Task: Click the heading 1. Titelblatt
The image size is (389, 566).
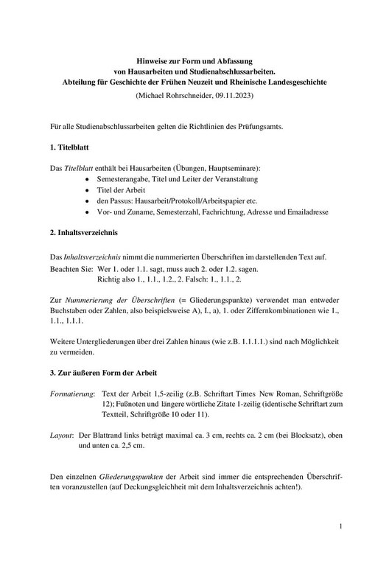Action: pos(70,149)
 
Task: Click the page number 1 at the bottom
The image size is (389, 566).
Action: pos(342,527)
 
